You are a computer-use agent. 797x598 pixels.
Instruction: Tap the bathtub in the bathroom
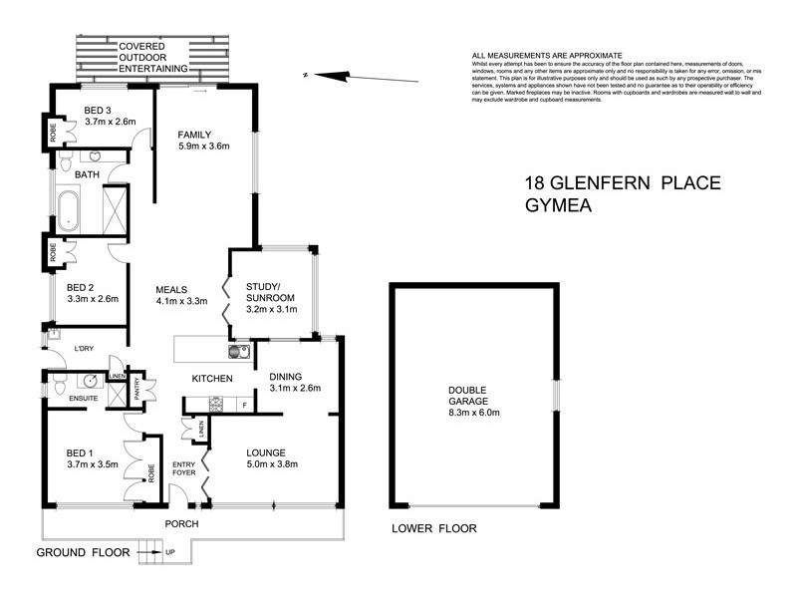tap(69, 210)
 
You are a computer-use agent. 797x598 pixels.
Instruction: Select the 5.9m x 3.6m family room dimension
tap(204, 147)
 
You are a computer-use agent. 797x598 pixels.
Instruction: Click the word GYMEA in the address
tap(561, 206)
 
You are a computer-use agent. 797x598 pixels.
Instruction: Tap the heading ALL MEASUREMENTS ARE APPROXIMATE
tap(547, 56)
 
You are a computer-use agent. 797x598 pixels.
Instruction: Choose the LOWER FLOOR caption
tap(433, 529)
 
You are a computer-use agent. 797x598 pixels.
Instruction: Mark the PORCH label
tap(182, 524)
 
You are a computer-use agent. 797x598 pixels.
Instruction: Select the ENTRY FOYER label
tap(184, 468)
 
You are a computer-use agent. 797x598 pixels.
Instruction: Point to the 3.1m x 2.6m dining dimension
tap(294, 389)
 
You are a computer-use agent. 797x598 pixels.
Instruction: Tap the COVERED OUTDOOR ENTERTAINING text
tap(154, 58)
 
